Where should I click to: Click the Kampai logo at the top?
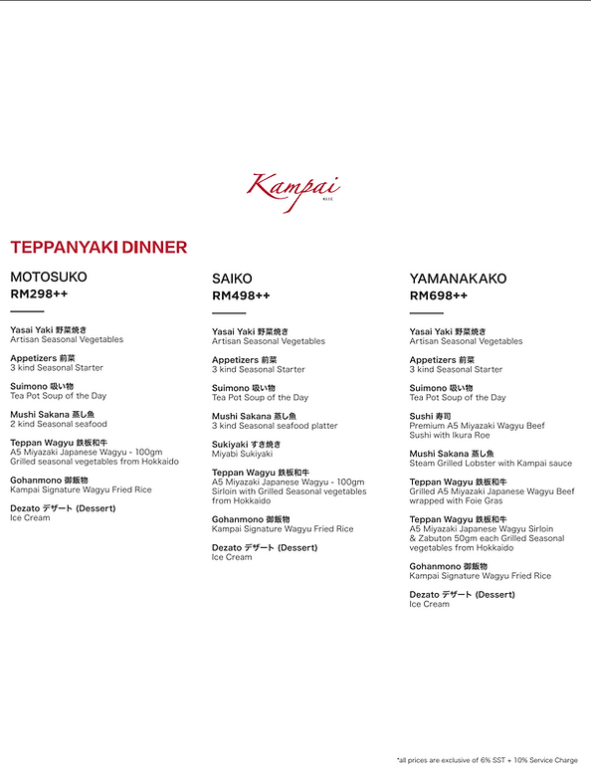pos(295,189)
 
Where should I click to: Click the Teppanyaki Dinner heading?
pos(98,248)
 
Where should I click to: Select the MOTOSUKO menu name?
pos(49,277)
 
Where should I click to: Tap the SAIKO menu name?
pos(232,280)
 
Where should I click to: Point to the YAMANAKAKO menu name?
pos(458,280)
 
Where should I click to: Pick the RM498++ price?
pos(241,296)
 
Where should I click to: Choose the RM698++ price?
pos(439,296)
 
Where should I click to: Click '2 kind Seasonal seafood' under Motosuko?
pos(59,424)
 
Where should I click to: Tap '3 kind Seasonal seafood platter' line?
pos(275,426)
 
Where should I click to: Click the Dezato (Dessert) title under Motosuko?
pos(63,508)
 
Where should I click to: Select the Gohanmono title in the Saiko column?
pos(251,519)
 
